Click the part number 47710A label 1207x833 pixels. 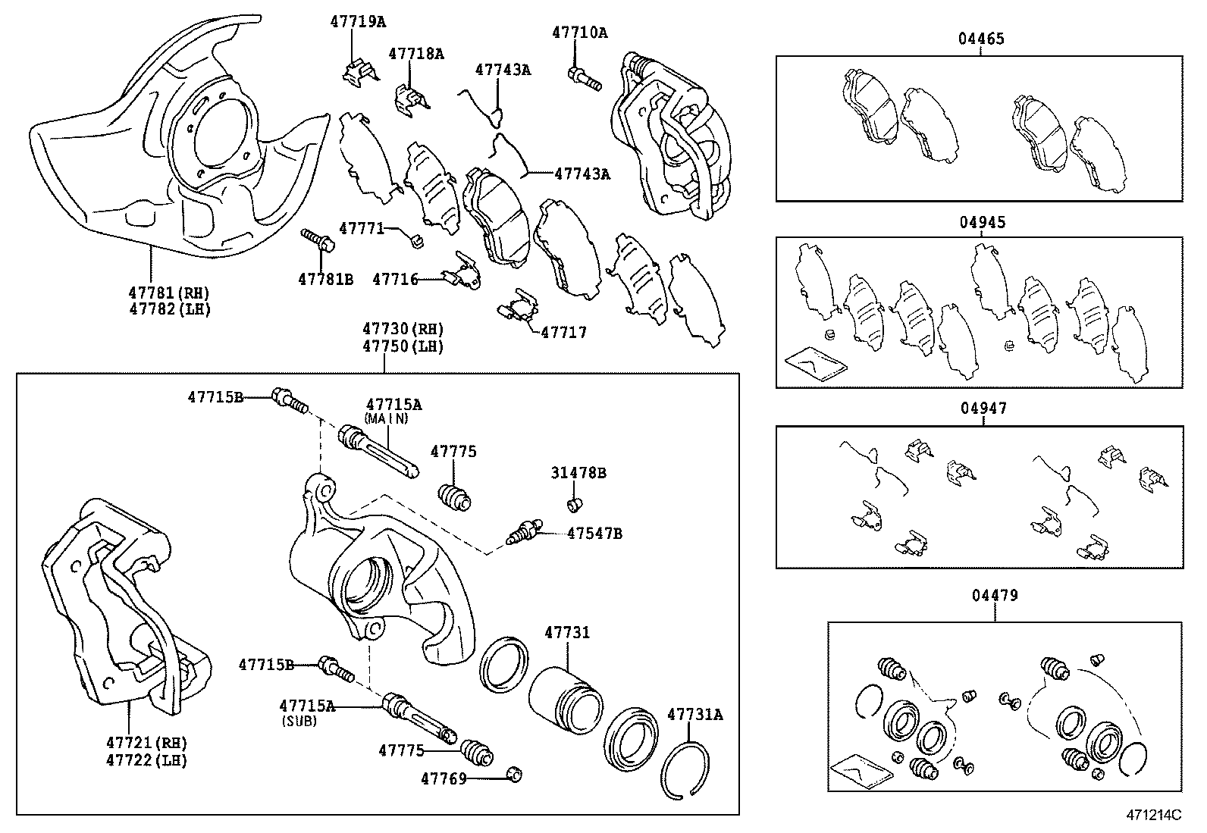579,33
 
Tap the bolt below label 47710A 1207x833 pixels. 583,77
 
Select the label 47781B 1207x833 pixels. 325,279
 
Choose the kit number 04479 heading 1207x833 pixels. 995,595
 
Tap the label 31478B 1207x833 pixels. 578,473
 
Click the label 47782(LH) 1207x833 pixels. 169,309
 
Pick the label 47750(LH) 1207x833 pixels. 403,346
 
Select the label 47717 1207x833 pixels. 563,332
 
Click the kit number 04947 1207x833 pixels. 983,408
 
